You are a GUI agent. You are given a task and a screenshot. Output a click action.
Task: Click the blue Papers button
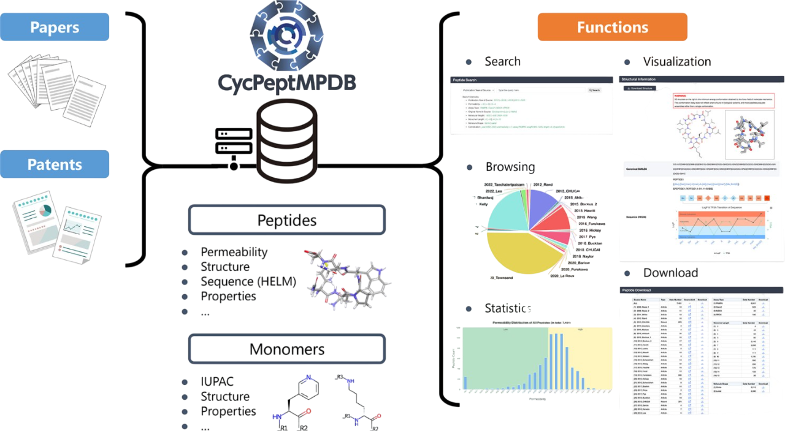pyautogui.click(x=55, y=27)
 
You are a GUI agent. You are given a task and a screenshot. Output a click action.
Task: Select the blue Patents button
pyautogui.click(x=55, y=164)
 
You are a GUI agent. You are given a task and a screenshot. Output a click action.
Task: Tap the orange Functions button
pyautogui.click(x=612, y=27)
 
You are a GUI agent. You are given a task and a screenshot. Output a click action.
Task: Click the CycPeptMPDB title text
pyautogui.click(x=286, y=82)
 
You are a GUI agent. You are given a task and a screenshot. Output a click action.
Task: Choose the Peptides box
pyautogui.click(x=286, y=220)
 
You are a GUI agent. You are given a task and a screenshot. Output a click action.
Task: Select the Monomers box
pyautogui.click(x=286, y=349)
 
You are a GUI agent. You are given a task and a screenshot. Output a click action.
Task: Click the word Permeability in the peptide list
pyautogui.click(x=234, y=252)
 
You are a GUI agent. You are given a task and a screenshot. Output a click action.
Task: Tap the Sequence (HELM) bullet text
pyautogui.click(x=248, y=281)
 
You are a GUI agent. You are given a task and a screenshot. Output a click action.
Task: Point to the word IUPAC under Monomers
pyautogui.click(x=217, y=382)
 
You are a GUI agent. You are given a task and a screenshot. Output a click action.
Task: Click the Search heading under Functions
pyautogui.click(x=502, y=61)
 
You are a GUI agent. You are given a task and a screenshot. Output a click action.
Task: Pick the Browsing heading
pyautogui.click(x=510, y=167)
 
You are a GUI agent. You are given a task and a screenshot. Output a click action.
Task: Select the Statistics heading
pyautogui.click(x=507, y=308)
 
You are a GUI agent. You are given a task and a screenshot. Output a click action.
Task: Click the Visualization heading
pyautogui.click(x=676, y=61)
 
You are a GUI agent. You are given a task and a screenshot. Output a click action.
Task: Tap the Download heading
pyautogui.click(x=670, y=273)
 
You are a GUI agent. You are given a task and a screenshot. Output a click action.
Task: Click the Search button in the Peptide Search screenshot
pyautogui.click(x=594, y=90)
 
